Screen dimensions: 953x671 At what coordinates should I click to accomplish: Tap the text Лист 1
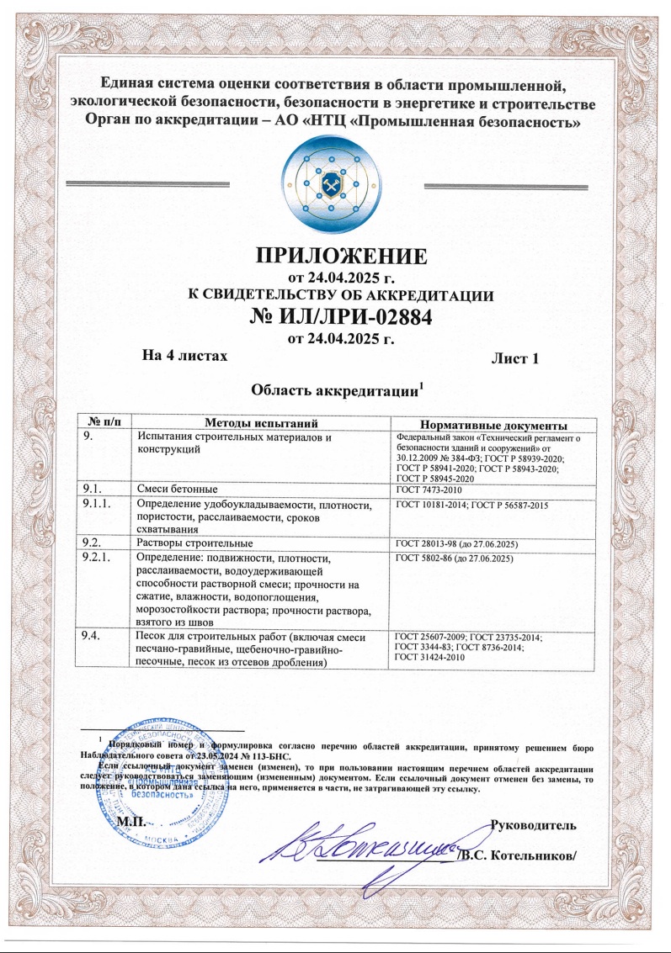click(x=514, y=359)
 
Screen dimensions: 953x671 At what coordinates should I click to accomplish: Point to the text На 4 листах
click(x=186, y=357)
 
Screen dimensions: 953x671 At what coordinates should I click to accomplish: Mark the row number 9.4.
click(x=89, y=636)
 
